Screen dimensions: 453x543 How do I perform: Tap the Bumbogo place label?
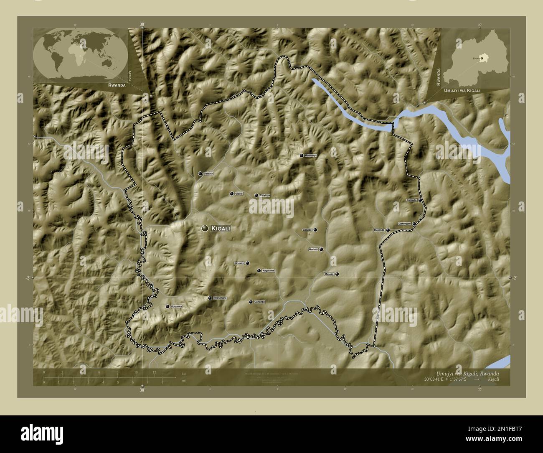point(311,155)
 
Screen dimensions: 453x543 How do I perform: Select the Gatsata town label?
point(208,173)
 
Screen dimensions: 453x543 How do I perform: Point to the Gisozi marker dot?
point(231,194)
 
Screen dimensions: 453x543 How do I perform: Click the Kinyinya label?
point(265,195)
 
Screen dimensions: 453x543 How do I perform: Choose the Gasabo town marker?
point(315,230)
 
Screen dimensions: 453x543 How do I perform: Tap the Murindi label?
point(313,249)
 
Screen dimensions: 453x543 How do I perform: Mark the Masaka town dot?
point(337,274)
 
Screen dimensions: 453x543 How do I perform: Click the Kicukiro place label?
point(239,263)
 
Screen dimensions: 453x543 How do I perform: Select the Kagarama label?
point(268,271)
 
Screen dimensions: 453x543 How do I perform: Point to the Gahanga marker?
point(251,302)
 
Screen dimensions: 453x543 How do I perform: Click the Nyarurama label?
point(220,298)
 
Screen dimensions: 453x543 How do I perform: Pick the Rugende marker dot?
point(388,230)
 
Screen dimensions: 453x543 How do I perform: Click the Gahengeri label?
point(405,224)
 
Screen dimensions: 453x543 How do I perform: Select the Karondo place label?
point(411,201)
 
